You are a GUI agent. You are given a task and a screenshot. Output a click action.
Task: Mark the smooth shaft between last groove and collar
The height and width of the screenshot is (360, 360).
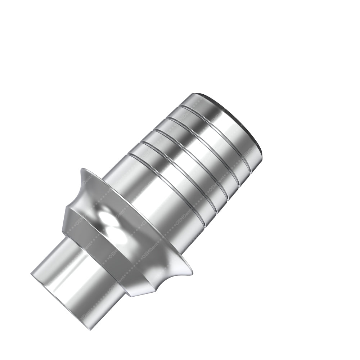coord(151,203)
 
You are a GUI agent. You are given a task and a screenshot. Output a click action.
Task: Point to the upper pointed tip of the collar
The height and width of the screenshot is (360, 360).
coord(83,170)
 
